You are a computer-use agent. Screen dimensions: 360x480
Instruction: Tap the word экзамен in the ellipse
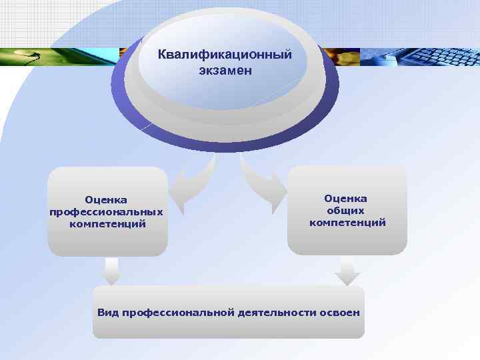[x=225, y=69]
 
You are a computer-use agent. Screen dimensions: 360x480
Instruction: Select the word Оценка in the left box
[x=106, y=199]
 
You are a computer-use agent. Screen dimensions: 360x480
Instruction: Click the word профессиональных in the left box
[x=106, y=211]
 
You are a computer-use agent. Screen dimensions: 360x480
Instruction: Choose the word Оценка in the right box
[x=345, y=198]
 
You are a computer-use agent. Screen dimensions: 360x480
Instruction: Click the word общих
[x=347, y=210]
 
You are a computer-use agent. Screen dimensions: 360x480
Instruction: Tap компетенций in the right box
[x=347, y=222]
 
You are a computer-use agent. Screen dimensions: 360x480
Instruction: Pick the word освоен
[x=341, y=312]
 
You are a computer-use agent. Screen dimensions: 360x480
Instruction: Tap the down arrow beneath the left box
[x=111, y=270]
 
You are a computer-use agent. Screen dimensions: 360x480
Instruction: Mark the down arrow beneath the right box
[x=346, y=271]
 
